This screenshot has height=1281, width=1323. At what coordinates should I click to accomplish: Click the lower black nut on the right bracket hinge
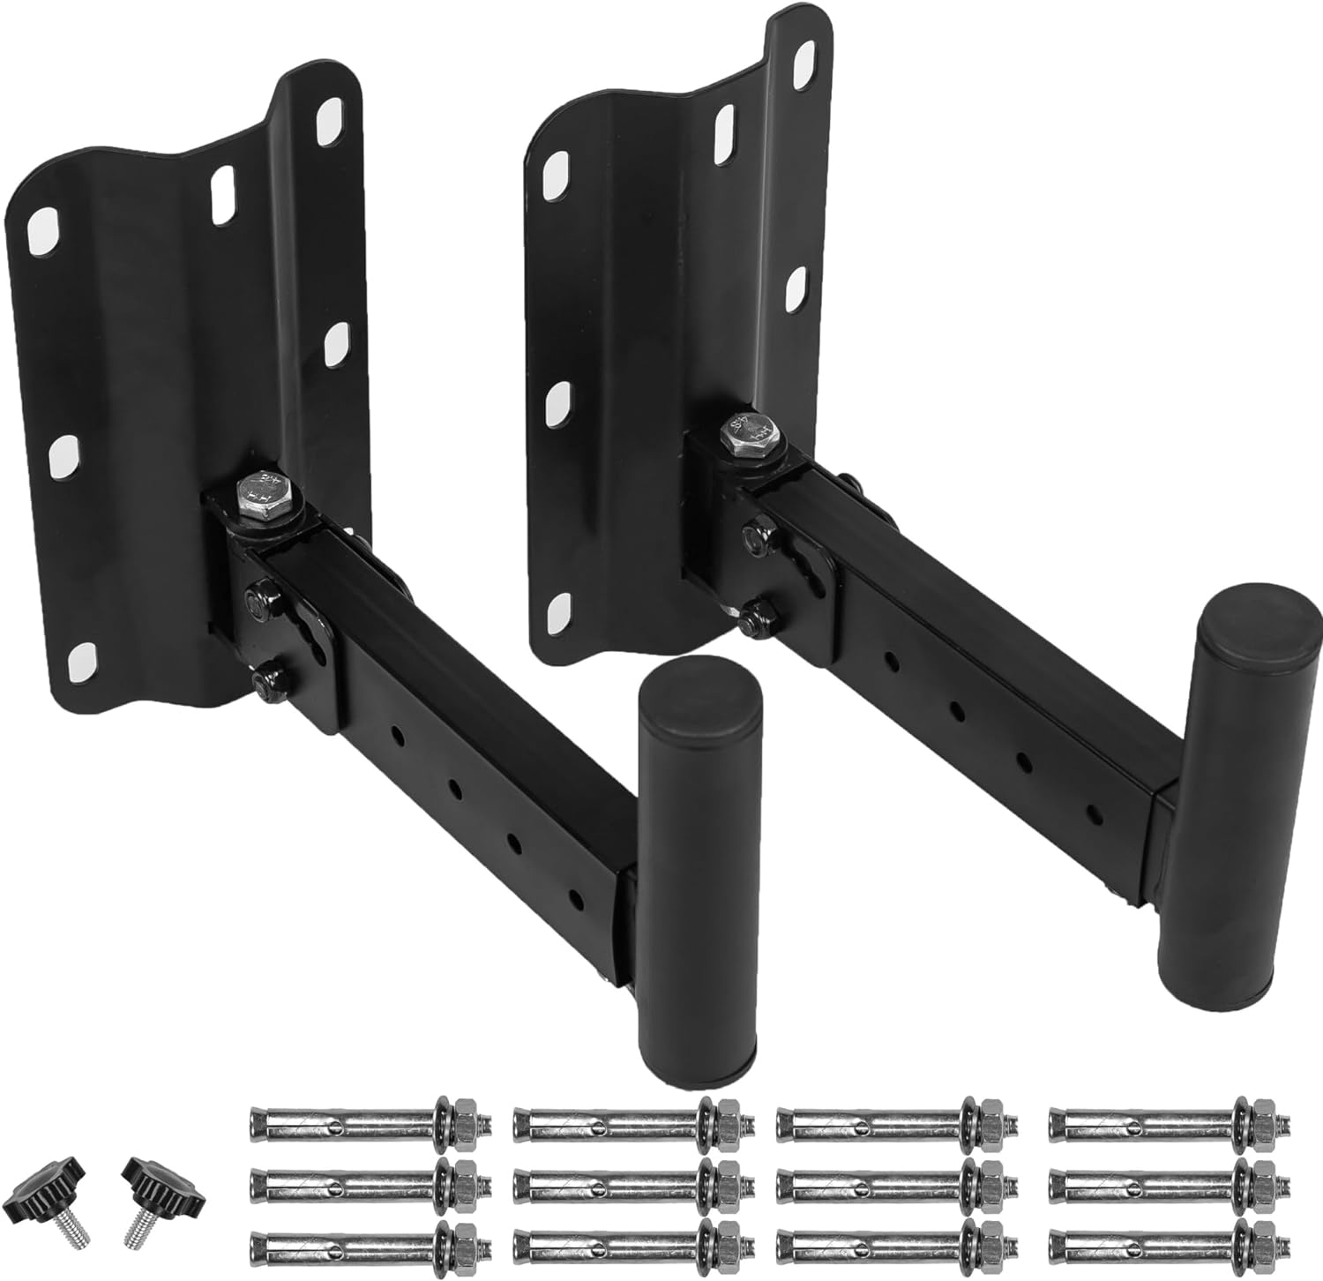point(752,617)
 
